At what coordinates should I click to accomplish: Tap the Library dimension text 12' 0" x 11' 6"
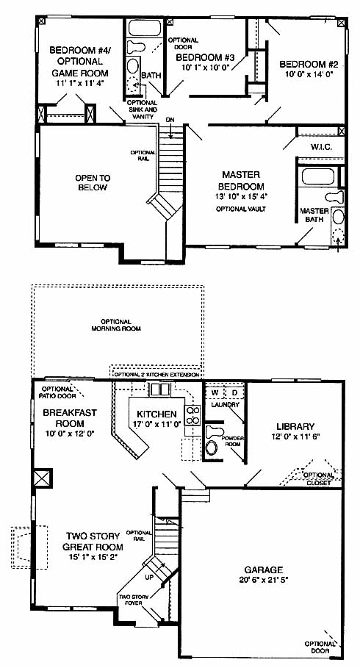[x=295, y=437]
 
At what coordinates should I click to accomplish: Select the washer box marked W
[x=215, y=392]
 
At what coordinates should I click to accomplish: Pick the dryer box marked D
[x=234, y=392]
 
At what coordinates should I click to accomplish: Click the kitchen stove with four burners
[x=192, y=415]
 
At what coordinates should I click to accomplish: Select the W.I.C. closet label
[x=321, y=147]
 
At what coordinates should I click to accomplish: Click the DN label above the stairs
[x=170, y=119]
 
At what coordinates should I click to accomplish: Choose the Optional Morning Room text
[x=116, y=325]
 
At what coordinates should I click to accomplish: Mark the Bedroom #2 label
[x=309, y=65]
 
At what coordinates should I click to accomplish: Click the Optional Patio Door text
[x=59, y=392]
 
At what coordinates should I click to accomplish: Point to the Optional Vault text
[x=241, y=209]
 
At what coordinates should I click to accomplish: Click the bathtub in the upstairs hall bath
[x=145, y=28]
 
